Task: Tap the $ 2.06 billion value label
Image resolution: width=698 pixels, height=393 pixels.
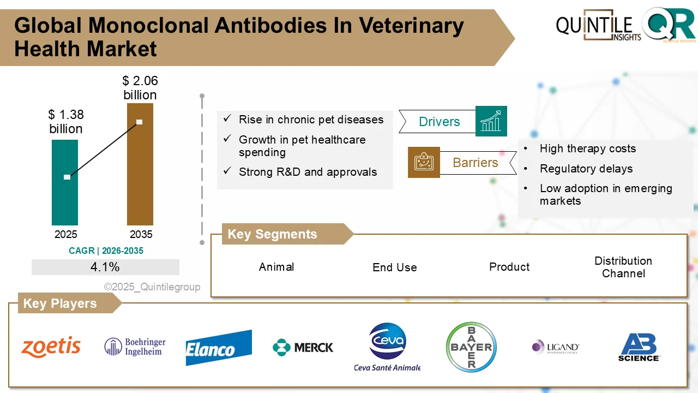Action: pyautogui.click(x=140, y=88)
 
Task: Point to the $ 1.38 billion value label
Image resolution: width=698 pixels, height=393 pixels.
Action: pyautogui.click(x=66, y=122)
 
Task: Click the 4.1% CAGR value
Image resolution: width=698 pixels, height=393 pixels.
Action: pyautogui.click(x=105, y=267)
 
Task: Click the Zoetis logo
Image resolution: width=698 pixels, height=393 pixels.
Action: pyautogui.click(x=51, y=347)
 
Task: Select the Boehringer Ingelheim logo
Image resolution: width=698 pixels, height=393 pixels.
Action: pyautogui.click(x=135, y=347)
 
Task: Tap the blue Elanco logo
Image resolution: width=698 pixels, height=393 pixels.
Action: pyautogui.click(x=219, y=348)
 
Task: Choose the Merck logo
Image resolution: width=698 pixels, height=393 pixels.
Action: pyautogui.click(x=303, y=347)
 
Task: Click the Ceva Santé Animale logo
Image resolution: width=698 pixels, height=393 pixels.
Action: pyautogui.click(x=387, y=347)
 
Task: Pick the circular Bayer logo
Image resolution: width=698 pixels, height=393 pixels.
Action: pyautogui.click(x=471, y=347)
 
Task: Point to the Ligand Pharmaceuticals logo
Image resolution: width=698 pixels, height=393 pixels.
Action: pyautogui.click(x=555, y=347)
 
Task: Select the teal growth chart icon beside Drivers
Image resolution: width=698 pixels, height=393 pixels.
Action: pyautogui.click(x=491, y=121)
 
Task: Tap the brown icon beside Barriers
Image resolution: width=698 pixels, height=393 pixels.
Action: pyautogui.click(x=424, y=162)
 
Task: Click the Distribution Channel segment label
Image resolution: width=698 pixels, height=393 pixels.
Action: pyautogui.click(x=623, y=267)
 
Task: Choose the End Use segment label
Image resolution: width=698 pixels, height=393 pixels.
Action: pyautogui.click(x=394, y=267)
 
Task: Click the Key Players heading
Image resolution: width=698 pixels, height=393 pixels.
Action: pyautogui.click(x=60, y=303)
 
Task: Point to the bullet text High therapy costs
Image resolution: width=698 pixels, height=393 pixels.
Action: pyautogui.click(x=587, y=148)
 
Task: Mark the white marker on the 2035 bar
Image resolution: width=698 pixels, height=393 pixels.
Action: pyautogui.click(x=140, y=122)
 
